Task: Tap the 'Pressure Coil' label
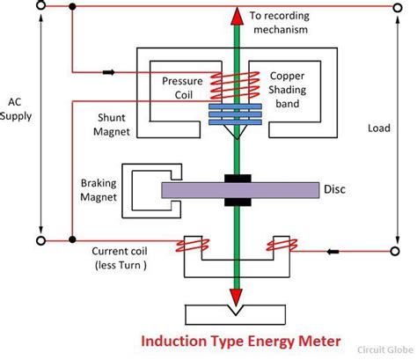183,87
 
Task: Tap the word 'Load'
379,128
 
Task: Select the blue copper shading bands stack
234,113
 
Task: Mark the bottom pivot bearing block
235,312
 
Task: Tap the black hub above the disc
235,177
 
